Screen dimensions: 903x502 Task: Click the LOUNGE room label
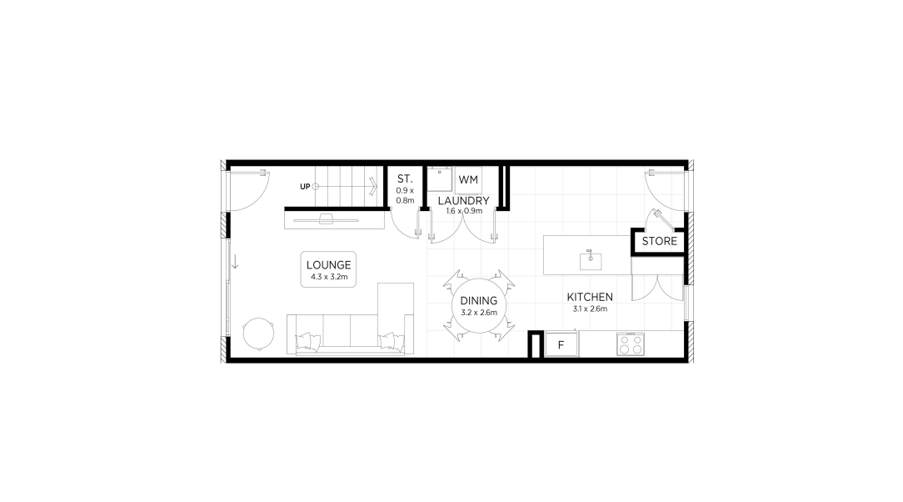pos(328,265)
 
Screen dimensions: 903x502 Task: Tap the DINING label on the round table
pos(478,301)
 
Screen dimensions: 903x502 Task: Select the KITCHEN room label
pos(590,297)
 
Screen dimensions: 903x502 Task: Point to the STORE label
pos(660,241)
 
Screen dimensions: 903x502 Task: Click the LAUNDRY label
pos(464,201)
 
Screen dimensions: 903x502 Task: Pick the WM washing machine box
pos(468,180)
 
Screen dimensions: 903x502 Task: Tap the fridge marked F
pos(561,344)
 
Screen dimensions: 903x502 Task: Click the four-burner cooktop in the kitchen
pos(630,344)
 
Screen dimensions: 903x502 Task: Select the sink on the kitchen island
pos(591,261)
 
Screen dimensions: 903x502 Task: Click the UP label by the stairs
pos(305,187)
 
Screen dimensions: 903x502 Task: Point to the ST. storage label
pos(405,179)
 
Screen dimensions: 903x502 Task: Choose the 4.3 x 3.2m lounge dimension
pos(329,277)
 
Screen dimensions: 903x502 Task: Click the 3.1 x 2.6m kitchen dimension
pos(590,309)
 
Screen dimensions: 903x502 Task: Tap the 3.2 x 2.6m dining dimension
pos(478,313)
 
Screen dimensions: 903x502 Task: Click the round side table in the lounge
pos(258,334)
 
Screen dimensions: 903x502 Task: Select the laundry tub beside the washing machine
pos(439,179)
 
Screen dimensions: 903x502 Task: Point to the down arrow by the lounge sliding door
pos(235,262)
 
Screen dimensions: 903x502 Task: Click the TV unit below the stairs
pos(335,219)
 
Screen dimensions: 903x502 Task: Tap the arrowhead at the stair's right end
pos(374,186)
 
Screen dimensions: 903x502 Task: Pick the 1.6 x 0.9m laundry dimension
pos(464,211)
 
